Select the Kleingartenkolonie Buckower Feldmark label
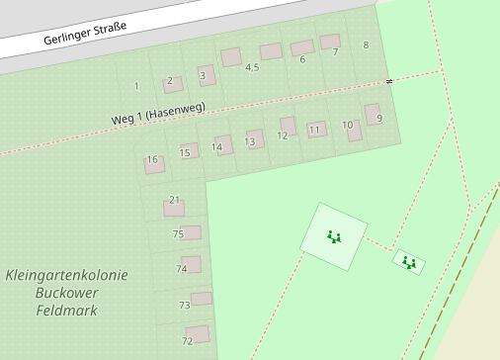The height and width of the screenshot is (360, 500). coord(66,293)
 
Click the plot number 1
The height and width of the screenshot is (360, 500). coord(135,86)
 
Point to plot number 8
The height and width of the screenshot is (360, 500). coord(366,45)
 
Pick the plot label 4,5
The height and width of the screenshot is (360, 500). coord(252,67)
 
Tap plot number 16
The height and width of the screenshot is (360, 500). coord(151,159)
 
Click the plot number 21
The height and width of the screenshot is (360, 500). coord(175,200)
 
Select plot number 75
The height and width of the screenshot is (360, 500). coord(178,234)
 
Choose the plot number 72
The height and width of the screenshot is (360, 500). coord(187,341)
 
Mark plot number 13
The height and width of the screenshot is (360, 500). coord(250,142)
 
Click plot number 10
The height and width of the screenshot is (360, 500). coord(347,125)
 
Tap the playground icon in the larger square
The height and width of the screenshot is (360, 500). coord(334,236)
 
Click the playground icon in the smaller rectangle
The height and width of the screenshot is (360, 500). coord(409,262)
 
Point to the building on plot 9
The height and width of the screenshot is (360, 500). coord(373,114)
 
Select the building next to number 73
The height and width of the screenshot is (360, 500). coord(202,299)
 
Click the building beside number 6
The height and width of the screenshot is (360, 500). coord(302,47)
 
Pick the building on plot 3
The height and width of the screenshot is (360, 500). coord(207,75)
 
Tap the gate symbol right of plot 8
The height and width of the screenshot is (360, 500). coord(389,80)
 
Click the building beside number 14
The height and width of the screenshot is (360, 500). coord(224,145)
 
